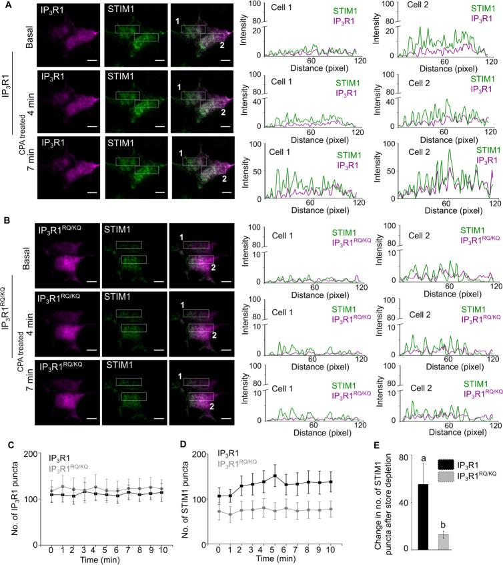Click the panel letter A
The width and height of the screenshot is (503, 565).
point(5,5)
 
